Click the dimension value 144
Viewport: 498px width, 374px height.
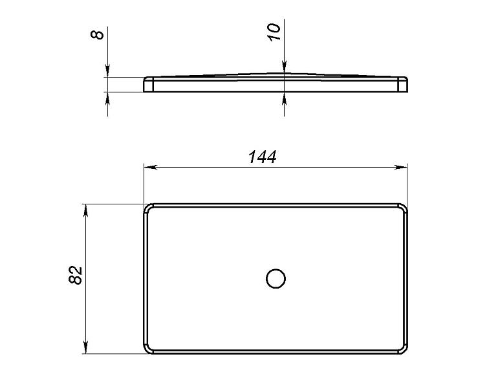[263, 157]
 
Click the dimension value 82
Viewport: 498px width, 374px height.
[75, 274]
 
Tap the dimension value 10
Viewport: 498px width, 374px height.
[274, 32]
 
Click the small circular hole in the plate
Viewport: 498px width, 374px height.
[276, 279]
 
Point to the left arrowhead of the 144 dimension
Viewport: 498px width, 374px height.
[151, 167]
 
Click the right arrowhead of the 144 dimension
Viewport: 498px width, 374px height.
[400, 167]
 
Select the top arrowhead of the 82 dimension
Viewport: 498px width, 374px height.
[85, 211]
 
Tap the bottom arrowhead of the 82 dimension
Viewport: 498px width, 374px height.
[85, 347]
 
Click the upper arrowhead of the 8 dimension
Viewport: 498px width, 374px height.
[107, 71]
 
